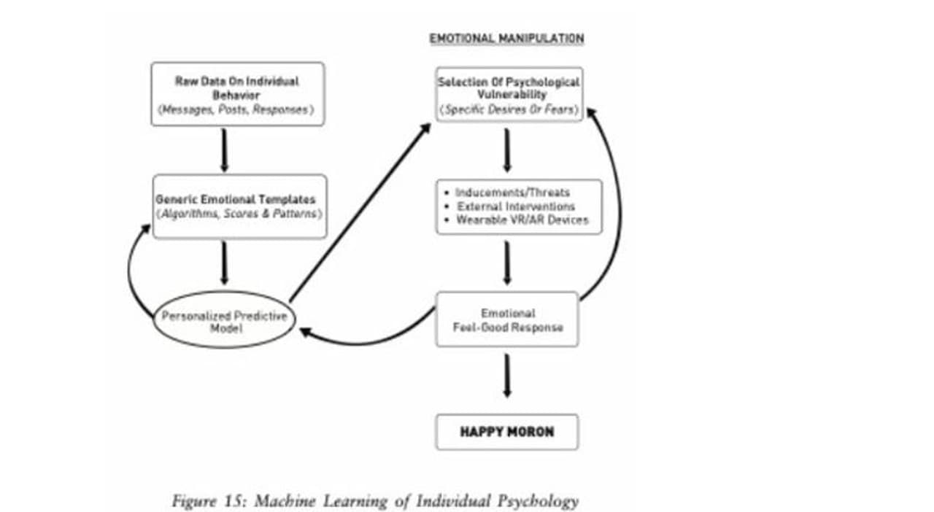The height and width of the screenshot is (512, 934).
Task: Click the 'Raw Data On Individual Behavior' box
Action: pos(237,93)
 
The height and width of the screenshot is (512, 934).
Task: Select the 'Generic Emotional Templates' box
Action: pos(239,206)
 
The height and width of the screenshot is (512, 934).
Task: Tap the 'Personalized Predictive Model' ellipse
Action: pos(224,322)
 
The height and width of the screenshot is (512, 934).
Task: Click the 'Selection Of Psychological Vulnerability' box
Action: pos(509,94)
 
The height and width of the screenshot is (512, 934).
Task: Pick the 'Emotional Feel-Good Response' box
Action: pos(507,319)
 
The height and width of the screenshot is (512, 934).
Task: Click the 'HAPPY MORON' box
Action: pos(506,432)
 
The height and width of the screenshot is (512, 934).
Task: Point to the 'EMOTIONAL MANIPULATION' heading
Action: pos(506,39)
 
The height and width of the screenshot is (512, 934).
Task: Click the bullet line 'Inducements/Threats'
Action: pos(512,193)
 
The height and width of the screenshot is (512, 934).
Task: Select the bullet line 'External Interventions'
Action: pos(515,206)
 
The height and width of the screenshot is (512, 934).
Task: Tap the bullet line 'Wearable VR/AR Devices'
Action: pos(522,220)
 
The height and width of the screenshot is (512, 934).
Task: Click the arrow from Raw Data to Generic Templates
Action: pos(224,150)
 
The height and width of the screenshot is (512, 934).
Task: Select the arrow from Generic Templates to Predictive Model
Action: pos(224,262)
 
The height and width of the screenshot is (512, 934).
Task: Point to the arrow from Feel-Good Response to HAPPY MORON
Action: pos(507,375)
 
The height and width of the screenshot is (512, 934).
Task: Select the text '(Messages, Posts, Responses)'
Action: pos(237,110)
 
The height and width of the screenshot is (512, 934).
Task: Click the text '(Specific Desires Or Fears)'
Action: pos(509,109)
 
